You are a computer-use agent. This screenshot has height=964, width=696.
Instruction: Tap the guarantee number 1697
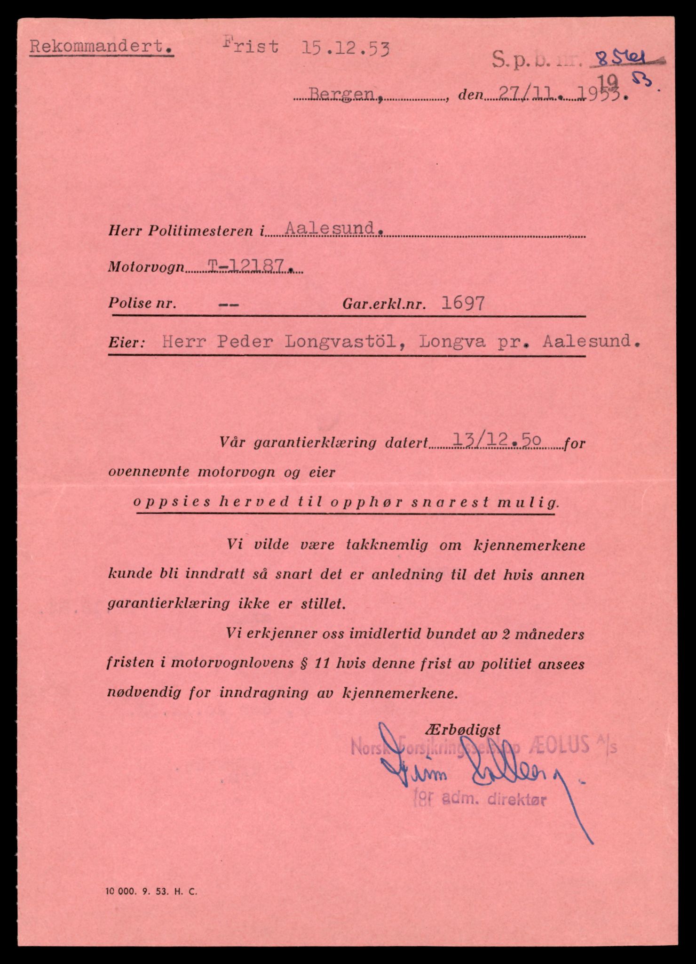pyautogui.click(x=462, y=304)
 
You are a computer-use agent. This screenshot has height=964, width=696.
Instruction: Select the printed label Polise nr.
pyautogui.click(x=142, y=303)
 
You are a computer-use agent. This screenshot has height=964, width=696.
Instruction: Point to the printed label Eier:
pyautogui.click(x=126, y=343)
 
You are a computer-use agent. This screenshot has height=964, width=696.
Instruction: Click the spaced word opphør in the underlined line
pyautogui.click(x=366, y=502)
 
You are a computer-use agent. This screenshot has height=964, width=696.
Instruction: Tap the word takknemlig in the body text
pyautogui.click(x=387, y=545)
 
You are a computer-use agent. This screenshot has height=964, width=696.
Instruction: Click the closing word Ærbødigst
pyautogui.click(x=462, y=730)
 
